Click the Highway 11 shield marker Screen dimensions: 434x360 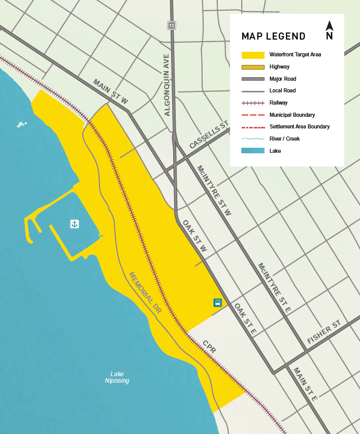click(172, 25)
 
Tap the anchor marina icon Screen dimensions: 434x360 click(74, 223)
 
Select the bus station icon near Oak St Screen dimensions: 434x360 click(217, 303)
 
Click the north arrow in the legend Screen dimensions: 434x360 click(329, 30)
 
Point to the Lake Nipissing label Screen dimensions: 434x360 click(117, 377)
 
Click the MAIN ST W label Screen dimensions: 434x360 click(111, 92)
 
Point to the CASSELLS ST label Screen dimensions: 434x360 click(209, 136)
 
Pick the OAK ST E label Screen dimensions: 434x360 click(245, 319)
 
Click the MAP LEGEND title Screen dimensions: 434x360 click(273, 36)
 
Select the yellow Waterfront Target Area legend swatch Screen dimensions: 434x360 click(253, 55)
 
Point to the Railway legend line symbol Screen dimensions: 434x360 click(253, 103)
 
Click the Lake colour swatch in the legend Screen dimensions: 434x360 click(253, 151)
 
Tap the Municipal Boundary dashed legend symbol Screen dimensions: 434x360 click(253, 115)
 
